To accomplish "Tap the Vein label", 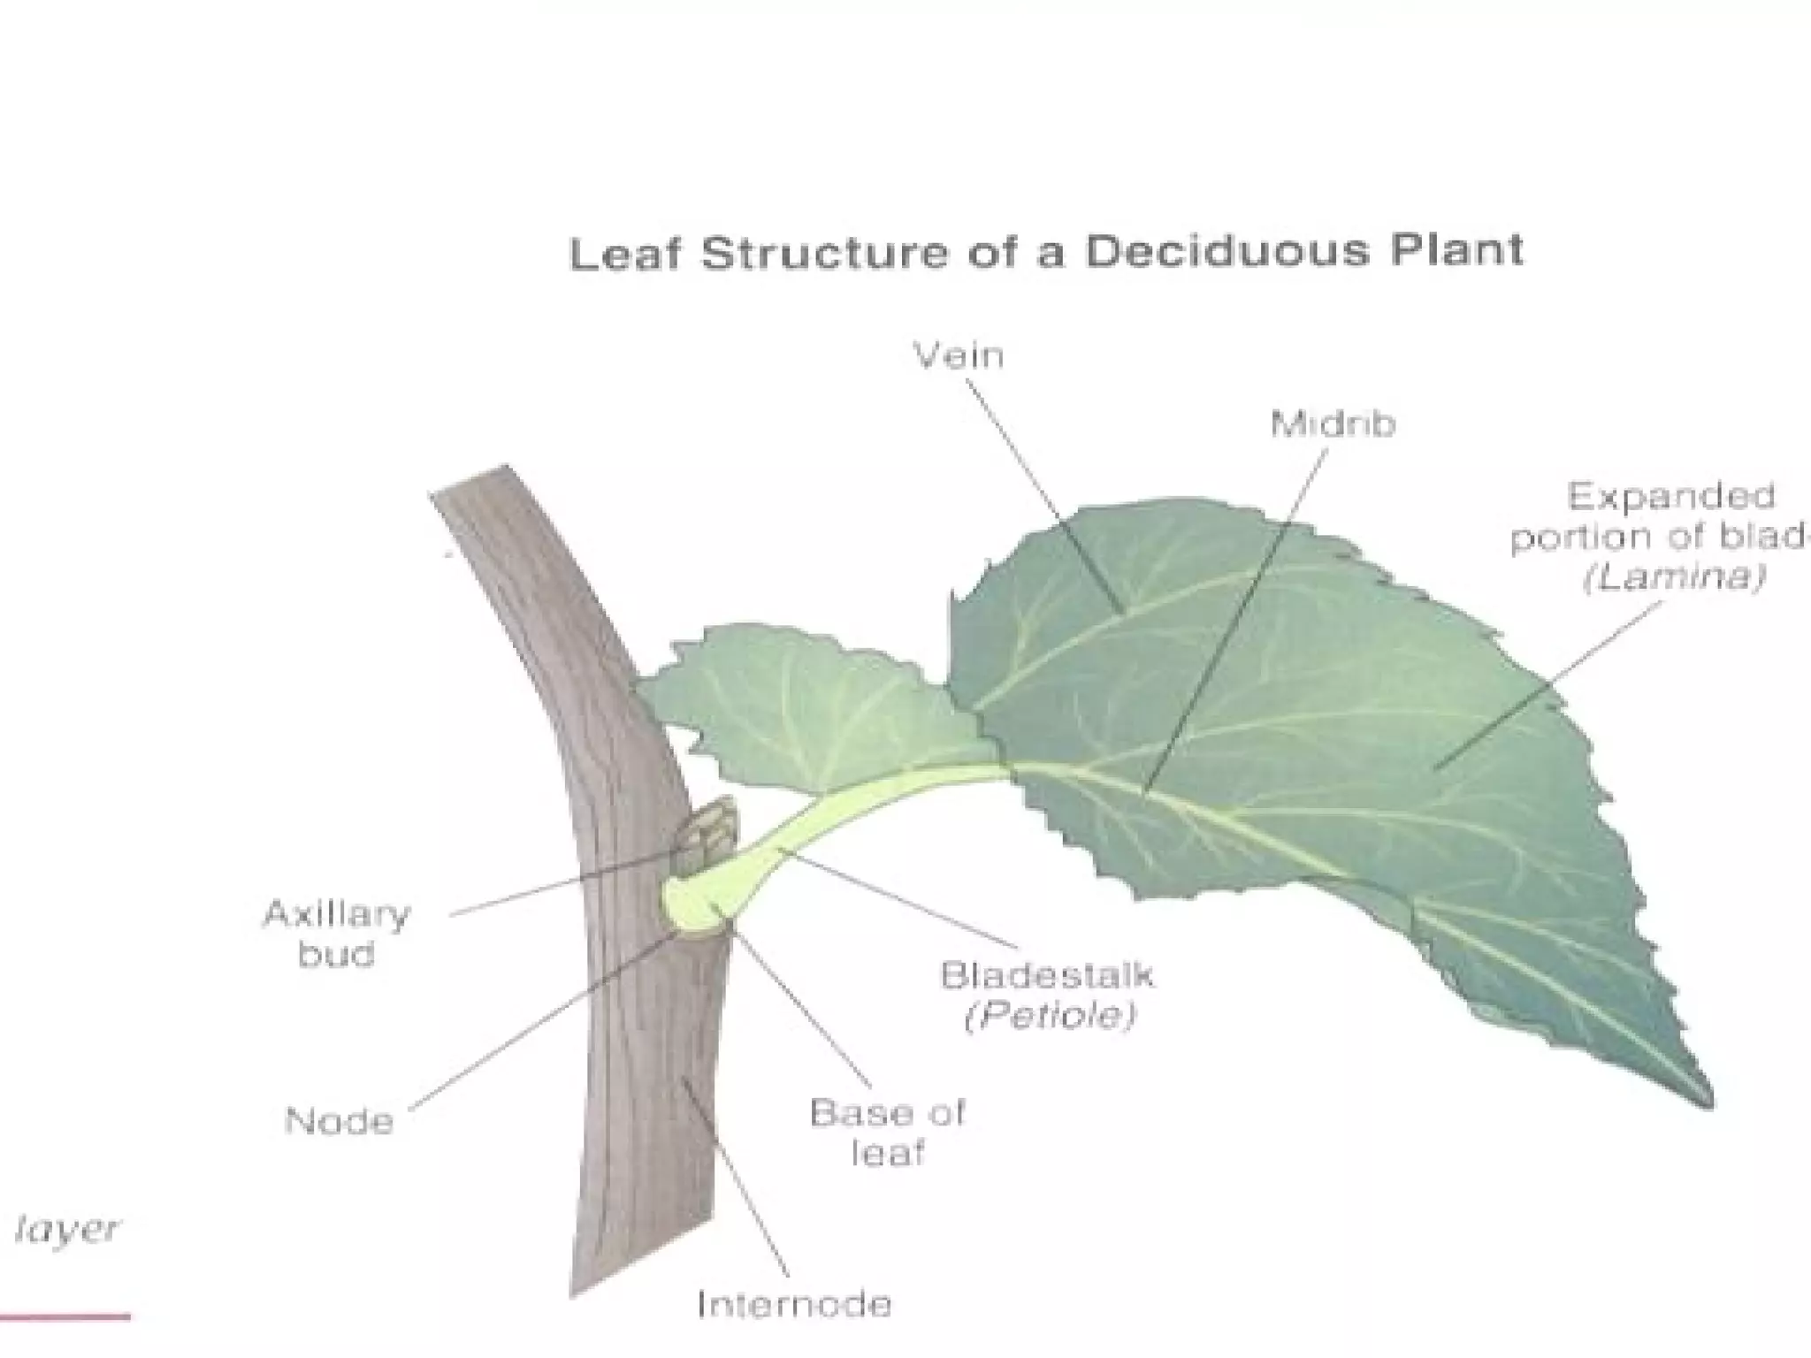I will click(x=959, y=356).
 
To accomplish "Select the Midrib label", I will click(x=1333, y=425).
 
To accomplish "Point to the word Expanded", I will click(x=1670, y=497).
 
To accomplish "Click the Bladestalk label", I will click(x=1047, y=976).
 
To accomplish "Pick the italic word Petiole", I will click(x=1049, y=1017).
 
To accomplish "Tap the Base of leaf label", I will click(x=887, y=1133).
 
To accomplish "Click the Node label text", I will click(x=339, y=1122).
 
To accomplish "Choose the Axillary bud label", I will click(x=336, y=934).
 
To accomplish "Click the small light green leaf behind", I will click(x=796, y=698).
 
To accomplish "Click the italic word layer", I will click(x=66, y=1230).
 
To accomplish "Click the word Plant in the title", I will click(x=1456, y=250).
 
